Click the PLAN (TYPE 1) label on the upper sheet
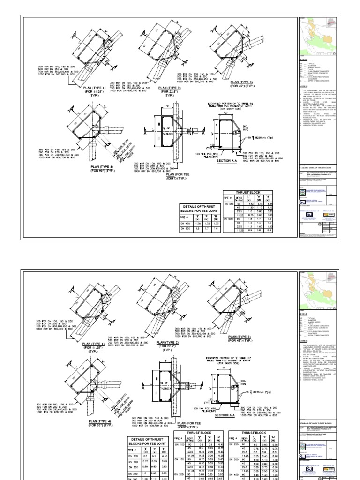click(95, 88)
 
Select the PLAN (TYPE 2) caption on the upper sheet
click(170, 88)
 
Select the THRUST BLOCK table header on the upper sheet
click(247, 192)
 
